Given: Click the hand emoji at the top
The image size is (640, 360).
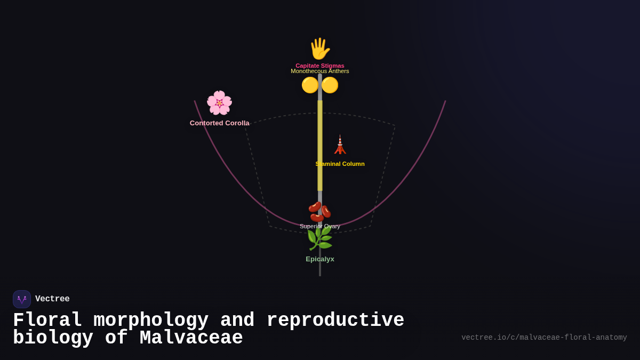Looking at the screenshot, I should pyautogui.click(x=319, y=49).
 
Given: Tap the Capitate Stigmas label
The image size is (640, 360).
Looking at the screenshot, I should pyautogui.click(x=320, y=65).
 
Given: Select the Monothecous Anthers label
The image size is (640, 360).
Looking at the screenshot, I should pyautogui.click(x=320, y=71).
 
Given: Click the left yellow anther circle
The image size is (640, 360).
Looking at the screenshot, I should pyautogui.click(x=310, y=85).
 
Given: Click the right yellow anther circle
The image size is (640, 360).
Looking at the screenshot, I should pyautogui.click(x=330, y=85).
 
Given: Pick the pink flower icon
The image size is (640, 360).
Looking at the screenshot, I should pyautogui.click(x=219, y=103).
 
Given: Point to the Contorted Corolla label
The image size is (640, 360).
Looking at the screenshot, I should pyautogui.click(x=219, y=123).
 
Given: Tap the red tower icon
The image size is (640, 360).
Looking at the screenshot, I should pyautogui.click(x=340, y=145).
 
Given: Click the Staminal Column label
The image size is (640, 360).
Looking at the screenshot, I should pyautogui.click(x=340, y=164).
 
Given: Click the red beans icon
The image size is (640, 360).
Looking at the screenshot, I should pyautogui.click(x=319, y=211).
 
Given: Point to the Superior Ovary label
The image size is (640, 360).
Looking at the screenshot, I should pyautogui.click(x=320, y=226).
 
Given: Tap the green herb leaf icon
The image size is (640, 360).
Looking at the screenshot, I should pyautogui.click(x=319, y=238).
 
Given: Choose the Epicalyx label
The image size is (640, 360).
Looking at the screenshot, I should pyautogui.click(x=320, y=259).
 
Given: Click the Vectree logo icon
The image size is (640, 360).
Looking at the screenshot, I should pyautogui.click(x=22, y=299).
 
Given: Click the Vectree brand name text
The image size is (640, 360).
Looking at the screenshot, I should pyautogui.click(x=52, y=299).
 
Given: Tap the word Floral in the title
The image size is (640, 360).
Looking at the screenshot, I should pyautogui.click(x=47, y=321).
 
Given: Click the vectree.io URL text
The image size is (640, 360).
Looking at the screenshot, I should pyautogui.click(x=544, y=338).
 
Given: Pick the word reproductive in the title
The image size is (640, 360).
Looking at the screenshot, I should pyautogui.click(x=335, y=321).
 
